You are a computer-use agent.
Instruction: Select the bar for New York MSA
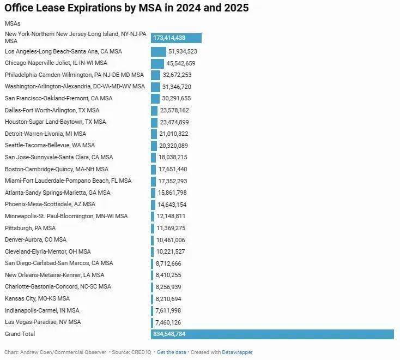[176, 38]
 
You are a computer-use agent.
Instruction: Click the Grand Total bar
[272, 334]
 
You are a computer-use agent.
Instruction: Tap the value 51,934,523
[183, 51]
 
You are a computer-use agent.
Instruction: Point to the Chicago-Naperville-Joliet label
[56, 63]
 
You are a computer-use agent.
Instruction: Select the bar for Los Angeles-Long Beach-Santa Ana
[158, 51]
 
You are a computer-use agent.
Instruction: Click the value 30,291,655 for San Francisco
[180, 98]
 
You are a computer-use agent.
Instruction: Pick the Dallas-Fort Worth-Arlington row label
[52, 110]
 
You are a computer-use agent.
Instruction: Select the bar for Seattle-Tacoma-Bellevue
[154, 146]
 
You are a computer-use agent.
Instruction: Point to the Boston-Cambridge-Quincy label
[56, 169]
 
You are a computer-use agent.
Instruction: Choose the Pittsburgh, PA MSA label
[30, 228]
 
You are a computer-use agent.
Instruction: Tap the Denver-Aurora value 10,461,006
[170, 240]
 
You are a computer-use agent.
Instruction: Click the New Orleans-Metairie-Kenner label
[54, 275]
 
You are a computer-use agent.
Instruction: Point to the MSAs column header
[13, 23]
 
